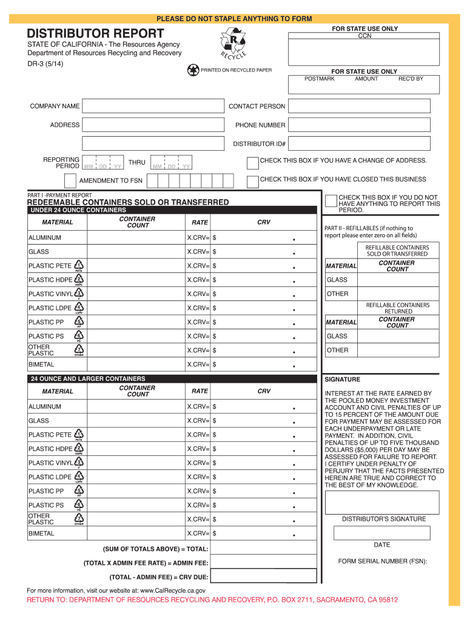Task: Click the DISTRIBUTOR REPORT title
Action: [x=95, y=33]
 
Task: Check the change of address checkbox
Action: [x=252, y=162]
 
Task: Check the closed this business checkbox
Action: [x=252, y=181]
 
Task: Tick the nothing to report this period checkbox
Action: [x=331, y=200]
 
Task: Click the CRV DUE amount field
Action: [x=263, y=576]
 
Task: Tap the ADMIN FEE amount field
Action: [x=263, y=562]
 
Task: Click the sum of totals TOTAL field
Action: [x=263, y=549]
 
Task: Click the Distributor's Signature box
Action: [x=382, y=502]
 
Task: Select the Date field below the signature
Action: [x=382, y=533]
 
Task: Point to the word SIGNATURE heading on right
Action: [x=343, y=380]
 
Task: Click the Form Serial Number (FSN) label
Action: [x=383, y=561]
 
